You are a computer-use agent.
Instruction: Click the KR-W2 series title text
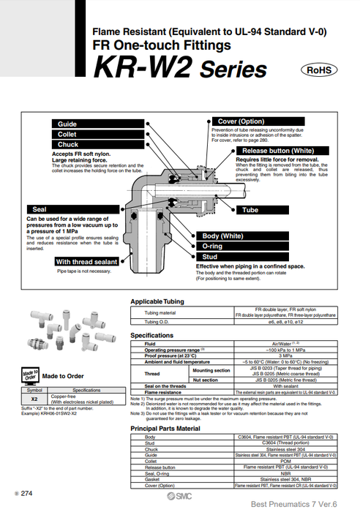click(179, 69)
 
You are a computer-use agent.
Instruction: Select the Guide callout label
click(67, 124)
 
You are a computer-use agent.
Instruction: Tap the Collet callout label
click(67, 135)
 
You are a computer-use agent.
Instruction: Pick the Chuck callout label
click(67, 145)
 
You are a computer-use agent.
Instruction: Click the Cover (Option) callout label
click(241, 121)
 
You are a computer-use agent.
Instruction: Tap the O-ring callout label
click(214, 247)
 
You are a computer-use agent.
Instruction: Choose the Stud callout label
click(210, 257)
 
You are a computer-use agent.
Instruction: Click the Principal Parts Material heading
click(175, 428)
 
